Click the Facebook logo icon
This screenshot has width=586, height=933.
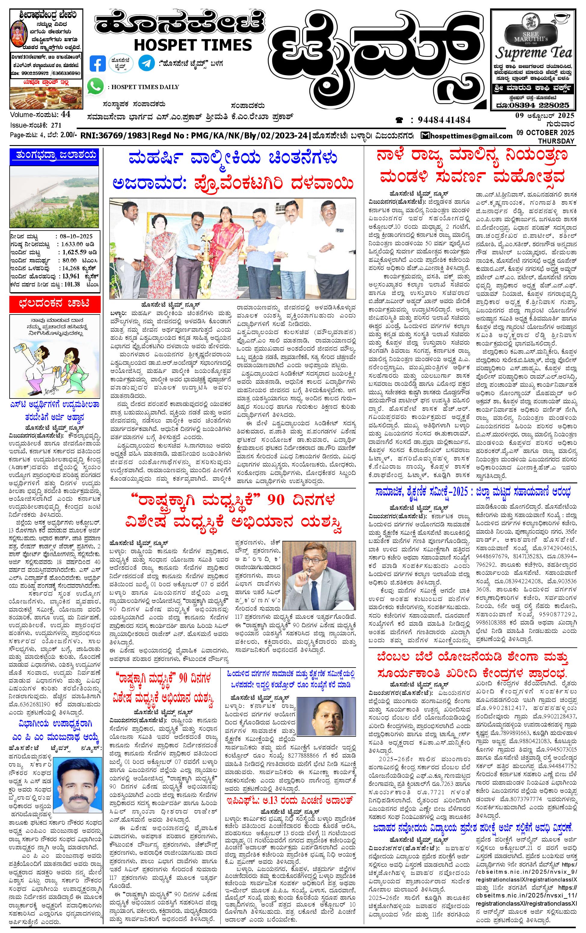[97, 64]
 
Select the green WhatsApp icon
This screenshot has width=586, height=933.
[96, 86]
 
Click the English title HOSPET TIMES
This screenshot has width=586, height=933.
[192, 45]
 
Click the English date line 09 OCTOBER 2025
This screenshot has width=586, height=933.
[545, 133]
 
